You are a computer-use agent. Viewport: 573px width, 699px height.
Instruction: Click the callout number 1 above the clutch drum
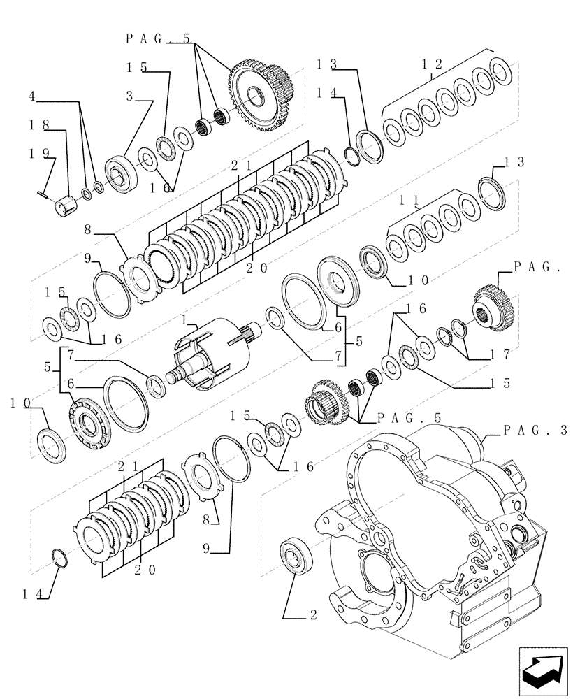[184, 319]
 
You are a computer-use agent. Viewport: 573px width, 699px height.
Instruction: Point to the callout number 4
[33, 96]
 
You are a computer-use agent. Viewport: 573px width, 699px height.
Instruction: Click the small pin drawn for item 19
[42, 190]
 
